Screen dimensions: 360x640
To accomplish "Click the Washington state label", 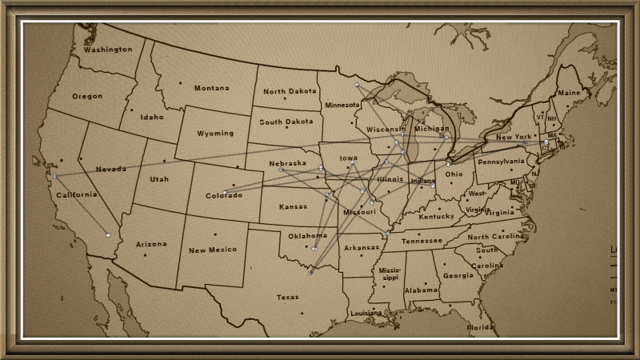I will pos(107,50).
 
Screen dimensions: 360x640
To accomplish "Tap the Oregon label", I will pos(87,96).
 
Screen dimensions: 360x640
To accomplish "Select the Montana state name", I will pos(211,88).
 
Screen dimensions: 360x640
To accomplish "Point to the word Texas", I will pos(287,297).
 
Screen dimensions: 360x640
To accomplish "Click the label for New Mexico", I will pos(213,250).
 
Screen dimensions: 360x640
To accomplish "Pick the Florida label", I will pos(482,328).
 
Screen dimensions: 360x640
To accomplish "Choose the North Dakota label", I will pos(290,92).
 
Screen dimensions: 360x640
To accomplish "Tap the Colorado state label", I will pos(224,195).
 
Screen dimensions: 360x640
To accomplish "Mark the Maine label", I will pos(570,93).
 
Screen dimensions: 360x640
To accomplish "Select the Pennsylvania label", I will pos(501,161).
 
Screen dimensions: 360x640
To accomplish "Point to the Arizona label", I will pos(151,243).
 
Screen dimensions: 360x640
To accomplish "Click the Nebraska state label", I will pos(288,163).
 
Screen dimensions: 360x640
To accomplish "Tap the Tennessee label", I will pos(422,241).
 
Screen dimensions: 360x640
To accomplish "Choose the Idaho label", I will pos(151,117).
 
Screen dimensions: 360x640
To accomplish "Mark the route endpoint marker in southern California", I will pos(107,234).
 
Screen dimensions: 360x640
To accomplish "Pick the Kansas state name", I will pos(293,207).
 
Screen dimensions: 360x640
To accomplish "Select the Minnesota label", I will pos(342,106).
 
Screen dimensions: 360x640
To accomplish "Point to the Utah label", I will pos(159,179).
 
